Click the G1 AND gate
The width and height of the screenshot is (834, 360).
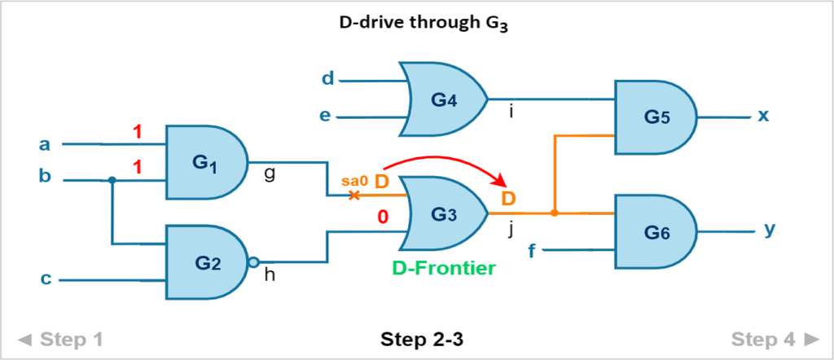(x=206, y=162)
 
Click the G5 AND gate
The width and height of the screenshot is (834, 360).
(x=656, y=117)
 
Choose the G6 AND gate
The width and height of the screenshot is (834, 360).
(x=656, y=232)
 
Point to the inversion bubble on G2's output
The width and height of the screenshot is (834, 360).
(x=254, y=262)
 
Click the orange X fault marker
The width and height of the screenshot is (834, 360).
(x=353, y=195)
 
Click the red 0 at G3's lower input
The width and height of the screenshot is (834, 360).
(x=382, y=217)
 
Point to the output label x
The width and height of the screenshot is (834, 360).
(x=763, y=116)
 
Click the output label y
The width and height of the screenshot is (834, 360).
(x=769, y=230)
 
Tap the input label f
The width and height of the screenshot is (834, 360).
(x=531, y=249)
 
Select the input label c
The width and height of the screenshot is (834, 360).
(x=46, y=279)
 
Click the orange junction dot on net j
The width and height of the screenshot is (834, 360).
(x=554, y=213)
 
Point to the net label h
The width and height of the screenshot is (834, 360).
(x=270, y=276)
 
